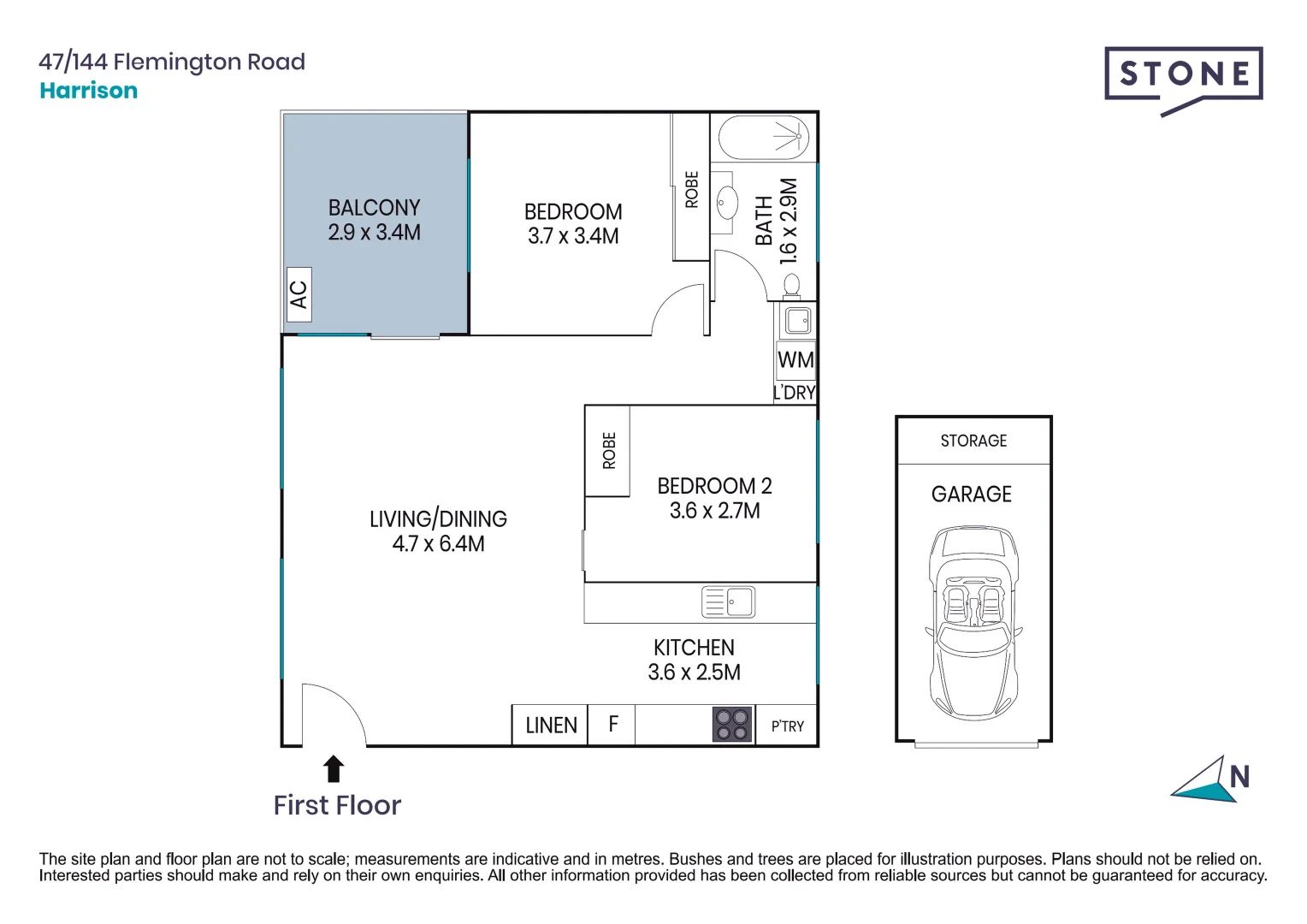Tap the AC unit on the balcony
[299, 294]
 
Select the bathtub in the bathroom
[763, 138]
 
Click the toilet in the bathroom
[792, 287]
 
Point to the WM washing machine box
[795, 359]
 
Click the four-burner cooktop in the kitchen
[732, 725]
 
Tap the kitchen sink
[728, 601]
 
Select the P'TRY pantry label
[787, 726]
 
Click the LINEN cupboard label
[551, 726]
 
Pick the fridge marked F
[613, 725]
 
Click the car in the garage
[973, 623]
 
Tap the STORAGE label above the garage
[973, 441]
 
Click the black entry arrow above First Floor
[334, 769]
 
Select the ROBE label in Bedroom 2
[608, 451]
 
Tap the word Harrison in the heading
[89, 91]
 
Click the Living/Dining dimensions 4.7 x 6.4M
[438, 544]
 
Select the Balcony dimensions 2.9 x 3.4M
[374, 233]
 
